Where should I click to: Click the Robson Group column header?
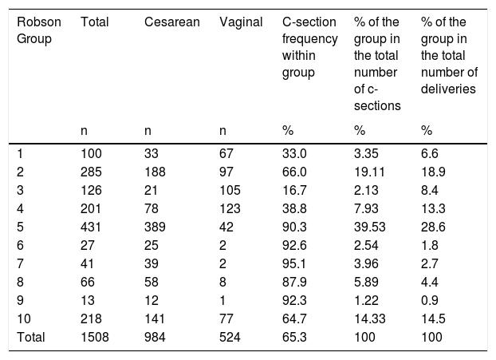tap(38, 30)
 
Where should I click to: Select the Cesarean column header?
tap(172, 22)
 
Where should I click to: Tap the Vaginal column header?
tap(241, 22)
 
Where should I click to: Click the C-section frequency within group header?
tap(309, 47)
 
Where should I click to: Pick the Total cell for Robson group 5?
tap(91, 227)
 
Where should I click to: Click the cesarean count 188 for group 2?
tap(155, 172)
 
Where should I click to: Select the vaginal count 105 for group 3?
tap(230, 190)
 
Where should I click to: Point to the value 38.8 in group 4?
tap(294, 208)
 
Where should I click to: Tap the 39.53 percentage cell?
tap(369, 227)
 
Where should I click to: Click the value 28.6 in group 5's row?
tap(433, 227)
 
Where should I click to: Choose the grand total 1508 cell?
tap(95, 337)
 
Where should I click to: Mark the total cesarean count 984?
tap(155, 337)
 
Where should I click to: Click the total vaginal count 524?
tap(230, 337)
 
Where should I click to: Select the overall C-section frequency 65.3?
tap(294, 337)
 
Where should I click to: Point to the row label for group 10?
tap(24, 318)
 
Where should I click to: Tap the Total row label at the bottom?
tap(30, 337)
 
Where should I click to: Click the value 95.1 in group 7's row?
tap(294, 263)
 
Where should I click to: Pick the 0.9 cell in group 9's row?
tap(429, 300)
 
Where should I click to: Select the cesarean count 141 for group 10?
tap(155, 318)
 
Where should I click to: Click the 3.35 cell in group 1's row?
tap(366, 153)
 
